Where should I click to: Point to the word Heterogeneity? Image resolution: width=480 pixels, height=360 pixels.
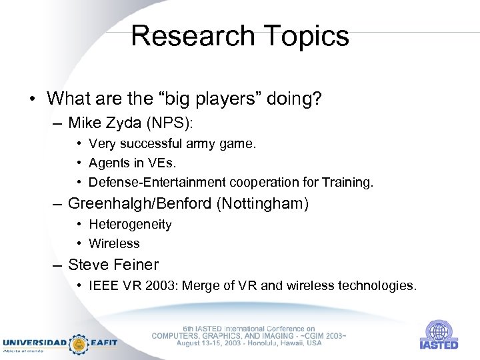130,225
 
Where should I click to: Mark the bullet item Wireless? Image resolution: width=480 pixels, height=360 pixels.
114,244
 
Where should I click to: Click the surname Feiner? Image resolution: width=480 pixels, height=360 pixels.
137,264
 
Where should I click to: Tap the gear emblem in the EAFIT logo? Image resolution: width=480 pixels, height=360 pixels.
79,343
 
